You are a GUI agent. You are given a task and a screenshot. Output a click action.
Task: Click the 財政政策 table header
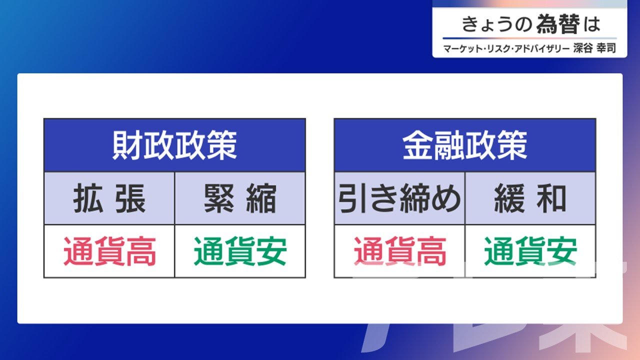(174, 145)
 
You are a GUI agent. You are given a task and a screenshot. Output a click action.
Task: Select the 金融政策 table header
(465, 145)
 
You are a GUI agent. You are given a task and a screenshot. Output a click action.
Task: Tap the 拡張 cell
(109, 198)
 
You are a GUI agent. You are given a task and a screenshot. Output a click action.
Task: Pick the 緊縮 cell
(240, 198)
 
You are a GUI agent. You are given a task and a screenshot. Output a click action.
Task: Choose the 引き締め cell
(399, 198)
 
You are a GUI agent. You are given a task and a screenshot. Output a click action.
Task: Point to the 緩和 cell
(530, 198)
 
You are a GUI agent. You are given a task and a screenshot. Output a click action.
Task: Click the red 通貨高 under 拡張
(109, 251)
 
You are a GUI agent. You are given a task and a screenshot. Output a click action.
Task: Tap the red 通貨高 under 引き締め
(400, 251)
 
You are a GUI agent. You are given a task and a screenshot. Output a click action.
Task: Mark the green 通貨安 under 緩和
(530, 251)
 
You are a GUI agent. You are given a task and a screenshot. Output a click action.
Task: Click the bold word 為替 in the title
(558, 24)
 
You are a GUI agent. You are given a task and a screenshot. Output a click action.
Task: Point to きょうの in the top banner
(496, 24)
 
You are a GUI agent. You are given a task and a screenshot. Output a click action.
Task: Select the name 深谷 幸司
(594, 48)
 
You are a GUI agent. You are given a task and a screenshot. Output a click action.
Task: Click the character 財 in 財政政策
(127, 145)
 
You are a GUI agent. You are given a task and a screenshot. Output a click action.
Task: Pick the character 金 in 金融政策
(417, 145)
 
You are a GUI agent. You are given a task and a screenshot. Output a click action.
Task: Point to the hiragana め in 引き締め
(446, 198)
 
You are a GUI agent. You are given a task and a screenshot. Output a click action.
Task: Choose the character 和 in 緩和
(551, 198)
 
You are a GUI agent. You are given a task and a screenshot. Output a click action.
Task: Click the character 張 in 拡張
(130, 198)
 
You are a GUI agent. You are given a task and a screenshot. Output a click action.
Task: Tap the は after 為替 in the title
(591, 24)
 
